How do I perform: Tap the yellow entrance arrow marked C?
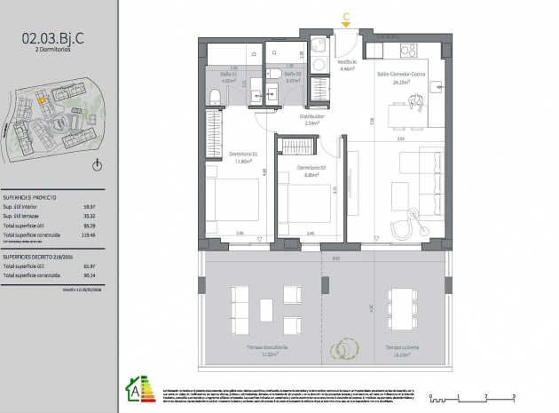pyautogui.click(x=346, y=15)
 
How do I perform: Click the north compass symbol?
pyautogui.click(x=98, y=165)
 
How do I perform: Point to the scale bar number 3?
pyautogui.click(x=515, y=394)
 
